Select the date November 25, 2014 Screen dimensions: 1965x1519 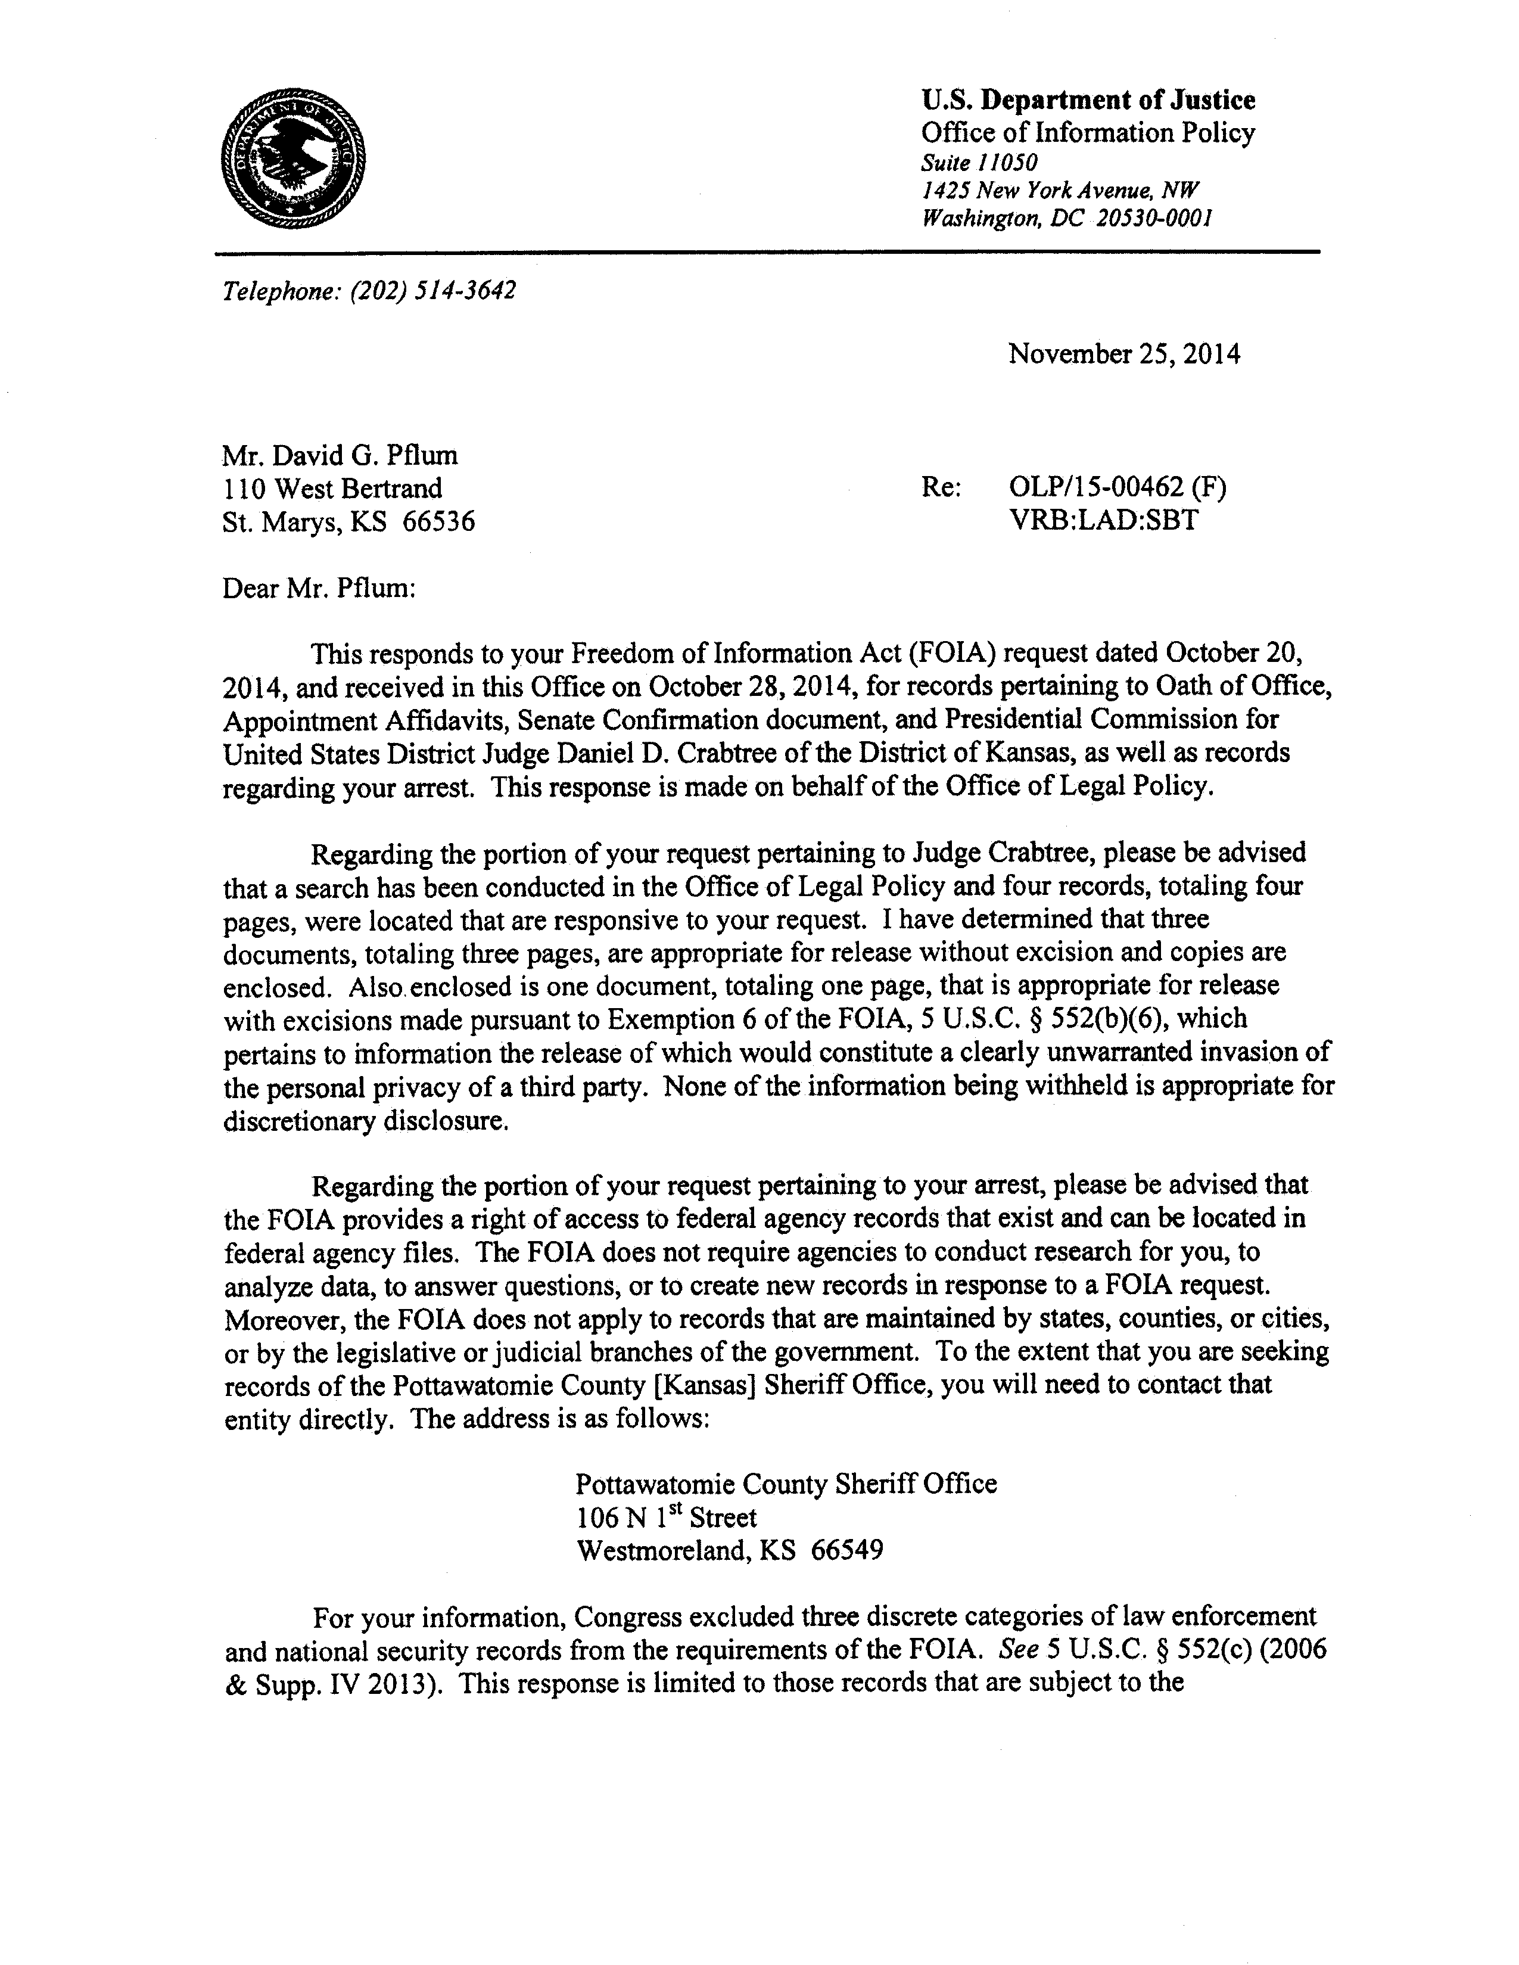pos(1123,353)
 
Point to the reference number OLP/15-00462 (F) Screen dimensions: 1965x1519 pos(1117,487)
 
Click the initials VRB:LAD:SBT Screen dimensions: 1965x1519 pos(1103,520)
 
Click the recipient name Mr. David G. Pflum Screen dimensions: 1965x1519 pos(340,455)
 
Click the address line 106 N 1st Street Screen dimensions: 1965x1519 pos(665,1518)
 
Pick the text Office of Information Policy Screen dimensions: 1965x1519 pos(1087,133)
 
